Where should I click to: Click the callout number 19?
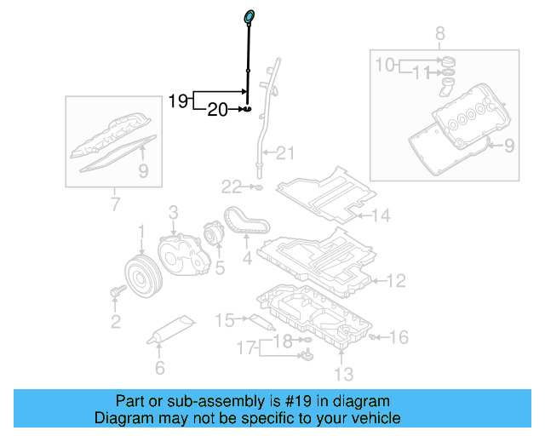coord(177,100)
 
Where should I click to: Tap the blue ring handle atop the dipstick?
coord(249,15)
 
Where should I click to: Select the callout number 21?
coord(284,153)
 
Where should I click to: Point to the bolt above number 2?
coord(117,293)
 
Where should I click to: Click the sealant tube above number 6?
coord(172,331)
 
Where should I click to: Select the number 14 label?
coord(380,215)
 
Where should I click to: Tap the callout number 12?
coord(397,279)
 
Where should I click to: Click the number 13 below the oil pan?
coord(341,372)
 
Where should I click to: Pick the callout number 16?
coord(399,337)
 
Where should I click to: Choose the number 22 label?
coord(232,186)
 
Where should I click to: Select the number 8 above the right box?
coord(440,34)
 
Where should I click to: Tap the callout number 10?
coord(385,65)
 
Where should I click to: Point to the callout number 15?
coord(225,320)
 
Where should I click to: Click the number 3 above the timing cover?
coord(172,211)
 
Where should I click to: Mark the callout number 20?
coord(218,109)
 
